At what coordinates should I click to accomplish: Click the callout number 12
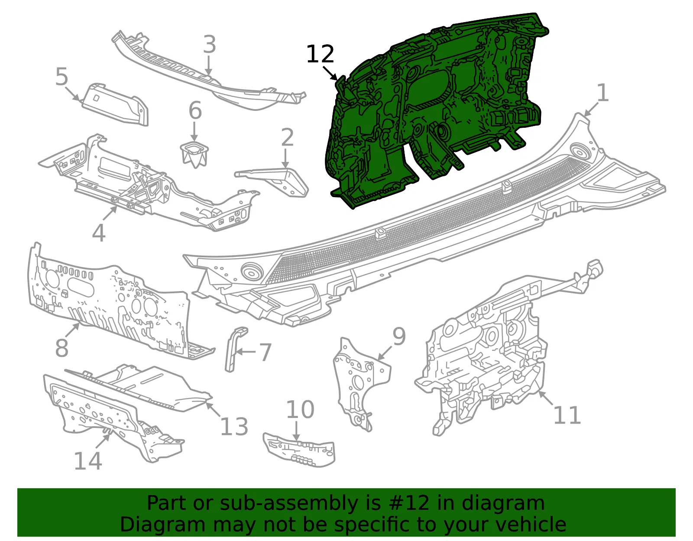pos(320,54)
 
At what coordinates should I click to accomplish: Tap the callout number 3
pos(210,44)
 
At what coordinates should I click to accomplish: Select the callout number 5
pos(62,77)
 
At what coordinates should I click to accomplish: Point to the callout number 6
pos(195,110)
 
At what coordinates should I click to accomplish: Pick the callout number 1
pos(602,93)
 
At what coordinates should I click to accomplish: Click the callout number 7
pos(266,352)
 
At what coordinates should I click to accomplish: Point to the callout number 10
pos(300,409)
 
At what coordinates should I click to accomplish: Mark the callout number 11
pos(567,415)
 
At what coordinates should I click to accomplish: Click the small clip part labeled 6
pos(194,155)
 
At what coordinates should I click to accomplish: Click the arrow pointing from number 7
pos(246,352)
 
